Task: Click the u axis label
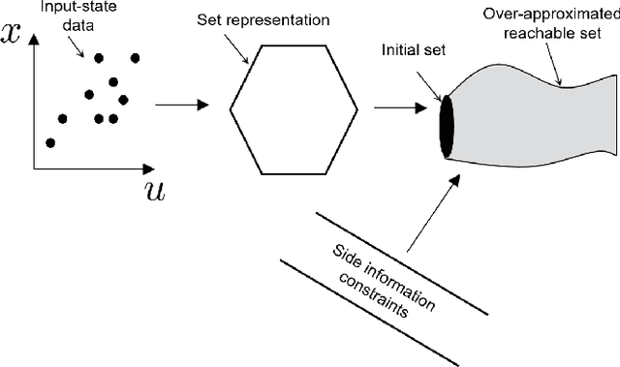(154, 189)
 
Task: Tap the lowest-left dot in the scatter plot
(50, 142)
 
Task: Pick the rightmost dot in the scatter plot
(123, 99)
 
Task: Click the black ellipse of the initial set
(447, 127)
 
